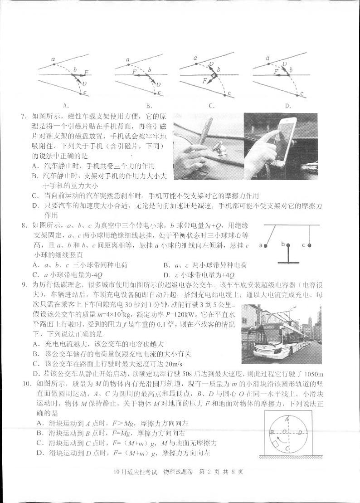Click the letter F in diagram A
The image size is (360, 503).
click(x=85, y=72)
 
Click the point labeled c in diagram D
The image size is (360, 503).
click(x=301, y=94)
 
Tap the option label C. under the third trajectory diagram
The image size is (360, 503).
click(x=211, y=106)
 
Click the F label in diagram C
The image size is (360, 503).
click(x=205, y=81)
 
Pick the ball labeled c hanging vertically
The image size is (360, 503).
click(x=309, y=245)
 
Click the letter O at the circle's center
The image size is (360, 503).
click(x=285, y=432)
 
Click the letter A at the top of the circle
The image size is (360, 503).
click(x=287, y=419)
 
